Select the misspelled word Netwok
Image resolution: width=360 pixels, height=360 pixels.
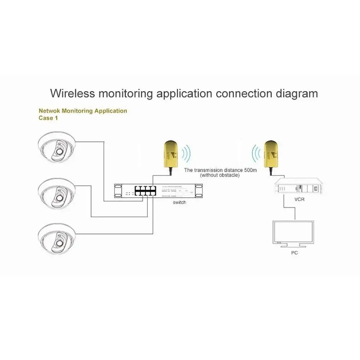[x=50, y=111]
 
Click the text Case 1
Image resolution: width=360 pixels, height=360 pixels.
[x=48, y=118]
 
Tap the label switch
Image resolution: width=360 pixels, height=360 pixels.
[x=179, y=202]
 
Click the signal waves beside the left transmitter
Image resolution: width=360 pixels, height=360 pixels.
[x=186, y=154]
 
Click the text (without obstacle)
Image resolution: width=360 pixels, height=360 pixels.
[x=220, y=175]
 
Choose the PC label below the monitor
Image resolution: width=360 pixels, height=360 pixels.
[x=294, y=253]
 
